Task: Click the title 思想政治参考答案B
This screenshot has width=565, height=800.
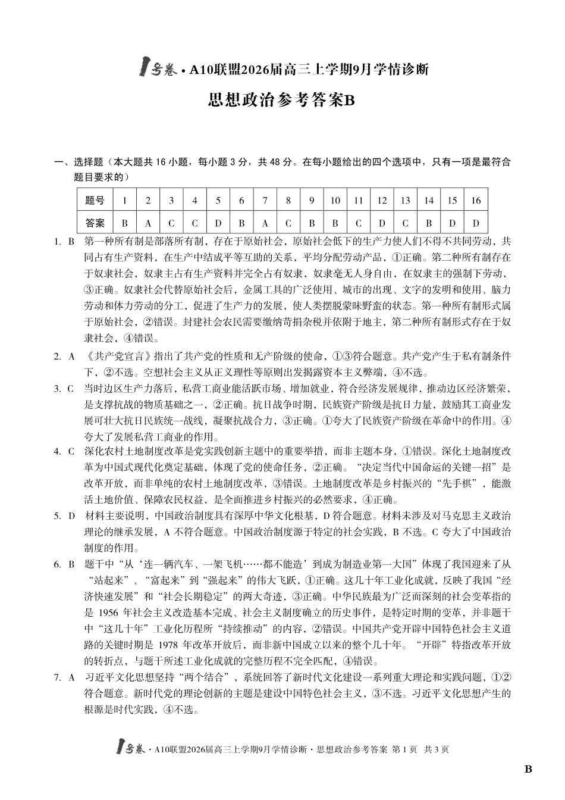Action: click(x=282, y=100)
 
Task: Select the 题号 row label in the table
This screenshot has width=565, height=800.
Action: click(x=95, y=201)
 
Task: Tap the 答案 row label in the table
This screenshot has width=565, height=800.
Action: click(x=95, y=223)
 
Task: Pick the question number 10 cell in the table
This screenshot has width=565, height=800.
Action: click(x=335, y=201)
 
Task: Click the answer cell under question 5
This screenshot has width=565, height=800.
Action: click(x=218, y=223)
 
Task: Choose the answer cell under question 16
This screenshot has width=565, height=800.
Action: click(x=476, y=223)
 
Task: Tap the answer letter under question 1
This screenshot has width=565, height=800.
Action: click(x=124, y=223)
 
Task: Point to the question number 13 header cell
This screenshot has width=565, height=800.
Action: click(x=405, y=201)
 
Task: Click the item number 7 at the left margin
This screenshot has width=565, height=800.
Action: click(x=57, y=677)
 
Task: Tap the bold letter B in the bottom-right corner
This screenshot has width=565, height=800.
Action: click(x=528, y=769)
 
